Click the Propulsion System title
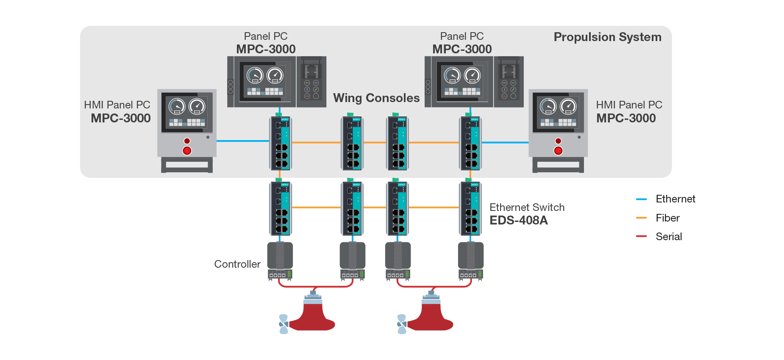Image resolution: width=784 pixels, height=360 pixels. point(607,37)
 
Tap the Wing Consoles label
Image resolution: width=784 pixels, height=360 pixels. point(376,98)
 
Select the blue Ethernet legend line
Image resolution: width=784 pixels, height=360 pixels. point(641,199)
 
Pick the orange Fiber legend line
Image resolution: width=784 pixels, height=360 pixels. point(641,218)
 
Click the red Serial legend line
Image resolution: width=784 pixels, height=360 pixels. point(641,236)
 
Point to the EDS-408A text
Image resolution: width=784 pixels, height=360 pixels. point(519,220)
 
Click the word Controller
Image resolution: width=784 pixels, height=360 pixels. point(237,264)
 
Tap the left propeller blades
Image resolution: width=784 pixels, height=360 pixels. point(283,324)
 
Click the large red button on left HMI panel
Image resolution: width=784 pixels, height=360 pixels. point(187,151)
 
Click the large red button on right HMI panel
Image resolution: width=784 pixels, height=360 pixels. point(558,151)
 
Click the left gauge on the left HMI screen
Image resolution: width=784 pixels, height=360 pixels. point(177,106)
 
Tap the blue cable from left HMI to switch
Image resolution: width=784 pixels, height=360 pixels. point(242,141)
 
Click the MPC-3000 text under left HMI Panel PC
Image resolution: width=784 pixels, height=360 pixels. point(121,118)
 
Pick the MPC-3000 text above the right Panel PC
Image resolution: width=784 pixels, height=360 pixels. point(462,49)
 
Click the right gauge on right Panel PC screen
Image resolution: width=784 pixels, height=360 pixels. point(472,75)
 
